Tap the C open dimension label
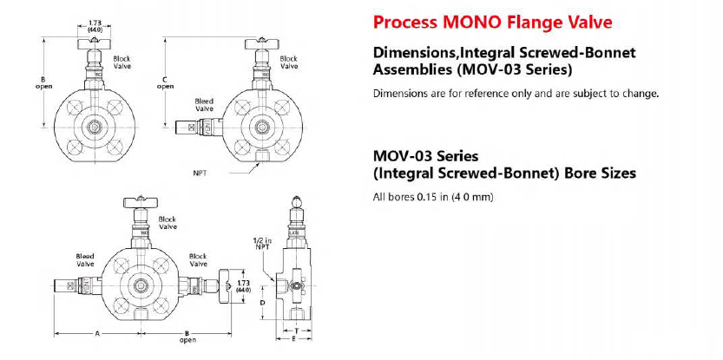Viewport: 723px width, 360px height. (165, 83)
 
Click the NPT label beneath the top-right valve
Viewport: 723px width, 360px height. (199, 173)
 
